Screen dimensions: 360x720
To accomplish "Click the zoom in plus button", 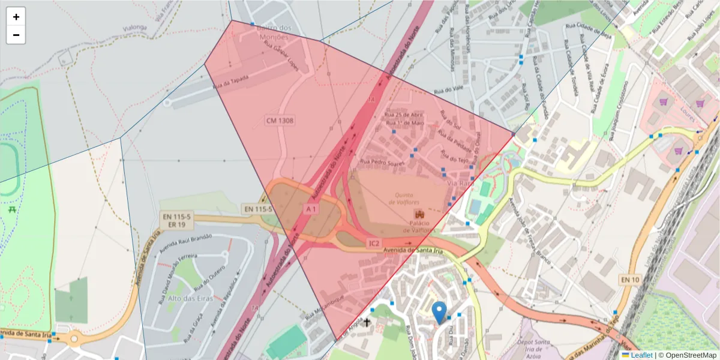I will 16,17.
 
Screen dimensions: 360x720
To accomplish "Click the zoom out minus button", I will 16,35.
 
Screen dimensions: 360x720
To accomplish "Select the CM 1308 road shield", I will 280,121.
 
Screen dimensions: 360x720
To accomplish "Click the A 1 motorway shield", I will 310,209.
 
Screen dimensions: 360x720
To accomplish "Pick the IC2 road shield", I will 373,243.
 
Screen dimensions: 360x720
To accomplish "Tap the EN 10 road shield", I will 630,279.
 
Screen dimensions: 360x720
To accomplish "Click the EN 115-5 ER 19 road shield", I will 176,220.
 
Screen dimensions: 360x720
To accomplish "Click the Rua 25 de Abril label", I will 404,115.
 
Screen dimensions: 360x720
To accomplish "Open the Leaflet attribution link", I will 641,355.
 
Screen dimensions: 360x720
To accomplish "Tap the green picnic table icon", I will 12,209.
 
